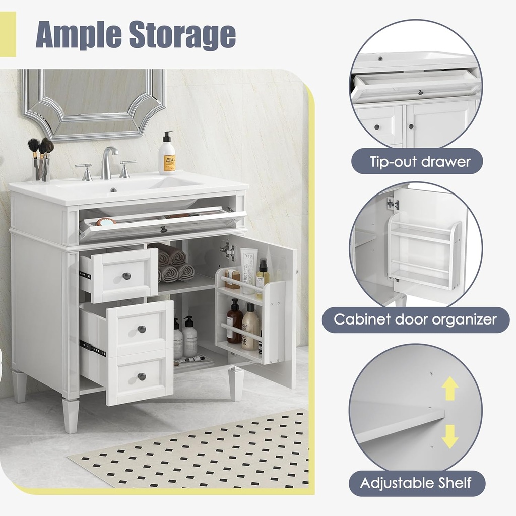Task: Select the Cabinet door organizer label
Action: (416, 319)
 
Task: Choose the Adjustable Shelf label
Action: (416, 483)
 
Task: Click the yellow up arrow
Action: (449, 388)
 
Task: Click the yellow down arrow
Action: (449, 436)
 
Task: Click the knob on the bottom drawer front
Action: (142, 376)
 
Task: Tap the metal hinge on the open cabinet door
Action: (228, 250)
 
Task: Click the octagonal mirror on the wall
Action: (93, 103)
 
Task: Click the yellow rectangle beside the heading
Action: (8, 34)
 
